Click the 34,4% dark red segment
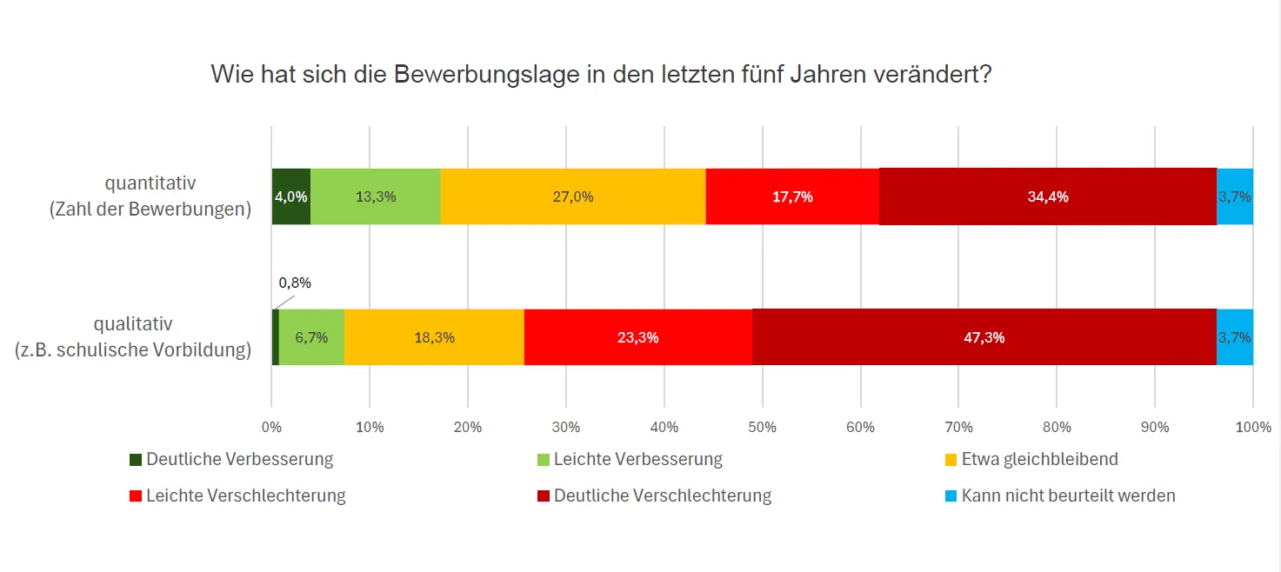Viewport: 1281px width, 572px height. click(x=1047, y=196)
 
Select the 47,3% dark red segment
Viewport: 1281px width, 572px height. click(x=984, y=337)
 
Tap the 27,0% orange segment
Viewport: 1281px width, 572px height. click(x=572, y=196)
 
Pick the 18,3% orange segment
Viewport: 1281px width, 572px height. click(x=434, y=337)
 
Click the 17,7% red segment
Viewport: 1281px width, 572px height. click(x=792, y=196)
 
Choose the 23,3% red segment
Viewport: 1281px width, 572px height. click(x=637, y=337)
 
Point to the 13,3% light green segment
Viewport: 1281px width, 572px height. click(x=375, y=196)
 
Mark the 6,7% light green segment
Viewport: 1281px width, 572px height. click(x=311, y=337)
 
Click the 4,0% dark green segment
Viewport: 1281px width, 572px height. click(x=290, y=196)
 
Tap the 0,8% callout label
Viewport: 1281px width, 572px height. click(x=295, y=283)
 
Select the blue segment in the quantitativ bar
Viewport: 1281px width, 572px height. click(x=1234, y=196)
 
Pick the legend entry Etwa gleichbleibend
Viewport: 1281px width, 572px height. click(x=1039, y=459)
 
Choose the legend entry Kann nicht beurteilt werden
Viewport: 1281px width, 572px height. click(x=1068, y=496)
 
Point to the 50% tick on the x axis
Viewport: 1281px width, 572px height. click(x=762, y=427)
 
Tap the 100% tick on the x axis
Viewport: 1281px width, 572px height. click(x=1252, y=427)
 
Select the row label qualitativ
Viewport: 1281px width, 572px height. click(x=133, y=324)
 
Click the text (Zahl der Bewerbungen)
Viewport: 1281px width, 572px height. click(x=150, y=210)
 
